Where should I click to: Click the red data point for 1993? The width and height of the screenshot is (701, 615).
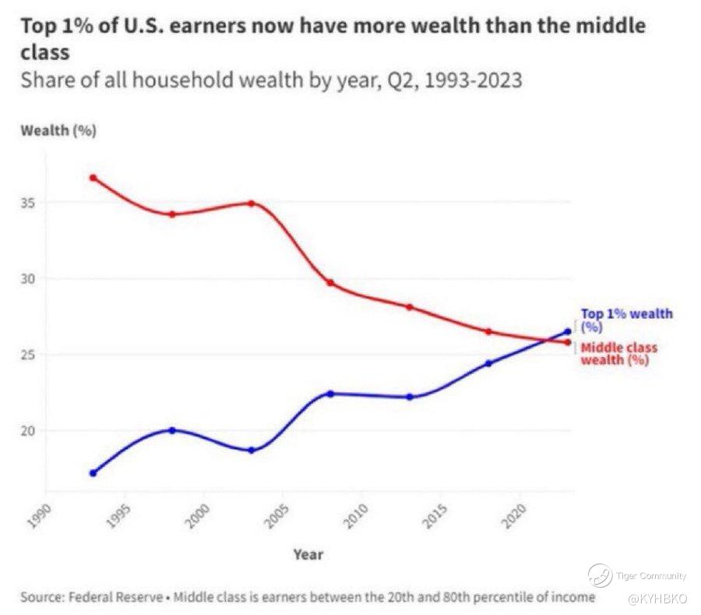93,178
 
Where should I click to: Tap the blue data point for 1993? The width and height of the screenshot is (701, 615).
93,472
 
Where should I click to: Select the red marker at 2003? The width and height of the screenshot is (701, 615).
251,203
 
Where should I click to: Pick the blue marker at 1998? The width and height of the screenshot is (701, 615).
172,430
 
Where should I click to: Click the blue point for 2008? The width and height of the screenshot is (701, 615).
330,394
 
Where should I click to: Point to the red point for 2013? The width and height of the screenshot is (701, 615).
409,307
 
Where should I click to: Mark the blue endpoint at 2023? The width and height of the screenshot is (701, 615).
567,332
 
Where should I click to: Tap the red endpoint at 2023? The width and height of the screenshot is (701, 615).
567,342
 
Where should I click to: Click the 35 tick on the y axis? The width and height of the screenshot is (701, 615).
29,203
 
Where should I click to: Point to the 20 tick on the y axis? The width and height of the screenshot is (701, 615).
29,430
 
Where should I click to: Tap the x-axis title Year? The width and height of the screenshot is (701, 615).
308,554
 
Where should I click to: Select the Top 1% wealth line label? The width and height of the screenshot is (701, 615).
626,320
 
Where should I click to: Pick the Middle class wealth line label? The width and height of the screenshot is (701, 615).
619,353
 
